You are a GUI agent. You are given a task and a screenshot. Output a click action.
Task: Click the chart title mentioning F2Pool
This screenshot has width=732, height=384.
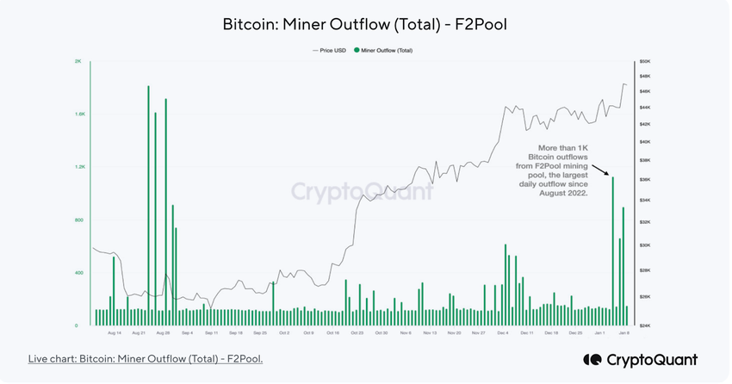pyautogui.click(x=365, y=24)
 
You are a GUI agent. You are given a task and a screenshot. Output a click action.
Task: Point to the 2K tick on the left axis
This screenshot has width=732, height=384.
pyautogui.click(x=78, y=62)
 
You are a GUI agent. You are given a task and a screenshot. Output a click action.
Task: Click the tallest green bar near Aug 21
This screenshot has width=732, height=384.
pyautogui.click(x=148, y=207)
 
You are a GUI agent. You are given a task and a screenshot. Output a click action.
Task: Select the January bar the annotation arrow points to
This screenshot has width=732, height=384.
pyautogui.click(x=612, y=250)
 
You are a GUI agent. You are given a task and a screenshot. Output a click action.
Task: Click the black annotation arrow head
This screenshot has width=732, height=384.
pyautogui.click(x=608, y=174)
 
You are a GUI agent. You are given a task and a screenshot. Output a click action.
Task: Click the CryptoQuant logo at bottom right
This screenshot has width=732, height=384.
pyautogui.click(x=640, y=359)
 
